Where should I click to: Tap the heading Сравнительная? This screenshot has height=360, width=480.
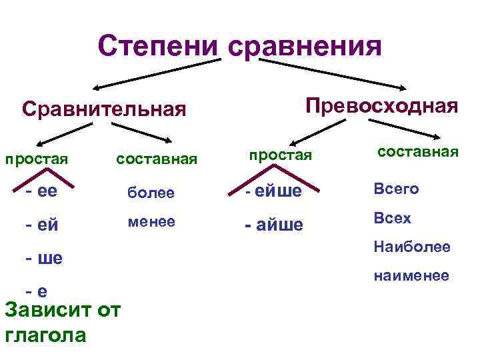coord(103,109)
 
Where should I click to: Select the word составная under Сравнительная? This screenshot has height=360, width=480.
coord(157,159)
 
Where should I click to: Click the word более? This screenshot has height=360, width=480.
coord(152,193)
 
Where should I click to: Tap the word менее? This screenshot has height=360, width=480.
coord(153,220)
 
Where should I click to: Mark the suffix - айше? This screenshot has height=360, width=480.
coord(274,225)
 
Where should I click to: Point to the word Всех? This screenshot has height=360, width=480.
coord(393,219)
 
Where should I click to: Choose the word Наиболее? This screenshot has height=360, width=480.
coord(412,247)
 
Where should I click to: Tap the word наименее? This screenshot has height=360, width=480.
coord(411,275)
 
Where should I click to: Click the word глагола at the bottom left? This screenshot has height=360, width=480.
coord(45,334)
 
